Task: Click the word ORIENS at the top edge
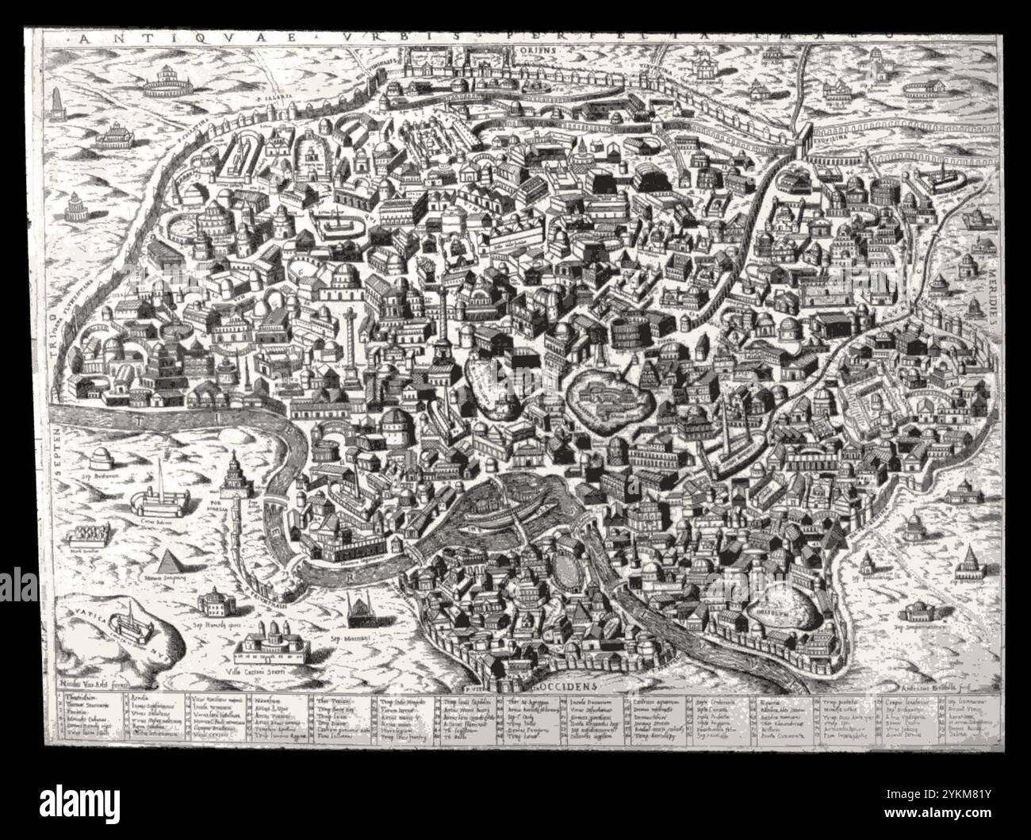(x=546, y=48)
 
